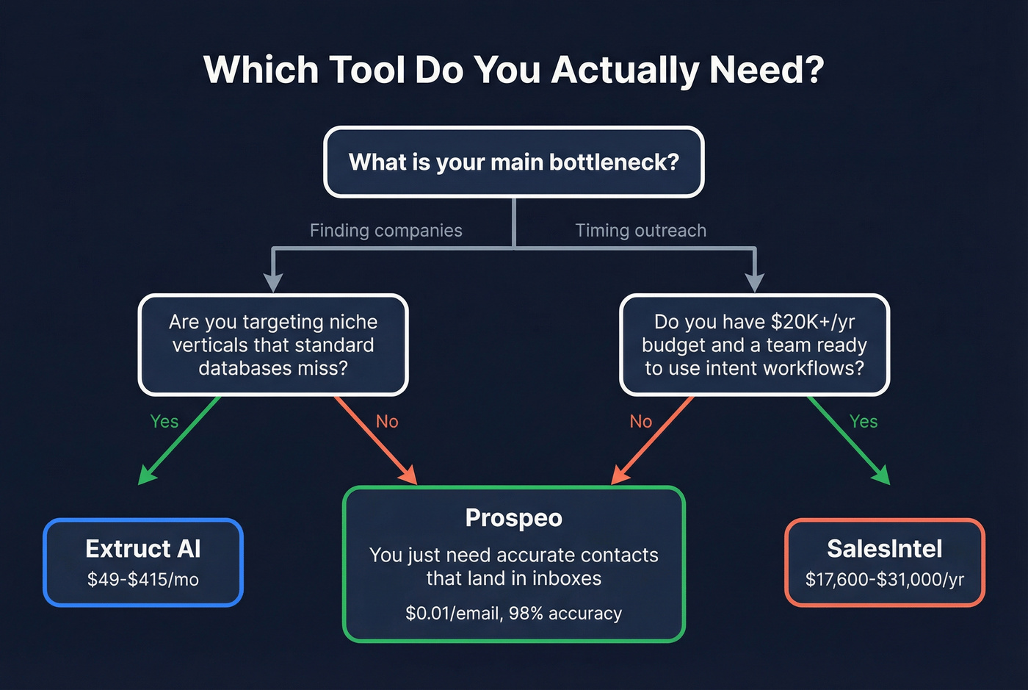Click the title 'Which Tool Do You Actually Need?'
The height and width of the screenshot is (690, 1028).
513,70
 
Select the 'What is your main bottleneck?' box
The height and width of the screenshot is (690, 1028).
513,162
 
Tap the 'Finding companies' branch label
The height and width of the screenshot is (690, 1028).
385,231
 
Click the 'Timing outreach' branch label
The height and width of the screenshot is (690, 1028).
640,231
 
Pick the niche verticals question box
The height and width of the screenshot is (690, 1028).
273,345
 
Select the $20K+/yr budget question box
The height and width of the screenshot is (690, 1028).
754,345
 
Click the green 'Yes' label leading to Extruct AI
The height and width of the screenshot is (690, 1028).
164,421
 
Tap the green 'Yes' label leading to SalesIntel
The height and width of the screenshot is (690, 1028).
863,421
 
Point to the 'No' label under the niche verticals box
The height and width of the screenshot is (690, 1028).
387,421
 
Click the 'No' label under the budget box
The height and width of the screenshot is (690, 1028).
640,421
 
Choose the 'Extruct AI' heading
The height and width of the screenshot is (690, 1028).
143,549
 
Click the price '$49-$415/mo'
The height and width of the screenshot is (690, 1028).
143,580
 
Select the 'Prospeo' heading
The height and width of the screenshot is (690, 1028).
513,518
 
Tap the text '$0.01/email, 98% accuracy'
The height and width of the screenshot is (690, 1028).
513,614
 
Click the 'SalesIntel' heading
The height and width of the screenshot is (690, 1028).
884,549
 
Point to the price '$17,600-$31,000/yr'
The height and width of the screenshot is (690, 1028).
884,580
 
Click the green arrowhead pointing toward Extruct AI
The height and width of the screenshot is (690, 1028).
147,476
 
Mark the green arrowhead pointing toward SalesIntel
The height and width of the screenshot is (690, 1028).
880,476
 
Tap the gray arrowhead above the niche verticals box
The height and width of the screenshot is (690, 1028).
273,283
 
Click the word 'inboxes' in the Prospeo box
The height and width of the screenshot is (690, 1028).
566,578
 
